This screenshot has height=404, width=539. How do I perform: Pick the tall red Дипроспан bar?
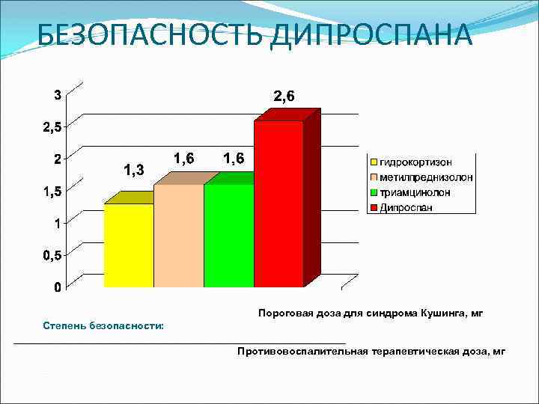[278, 203]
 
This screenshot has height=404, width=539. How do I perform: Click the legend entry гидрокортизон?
[415, 162]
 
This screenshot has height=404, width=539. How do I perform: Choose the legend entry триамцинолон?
[415, 192]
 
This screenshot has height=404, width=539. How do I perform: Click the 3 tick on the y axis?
[57, 94]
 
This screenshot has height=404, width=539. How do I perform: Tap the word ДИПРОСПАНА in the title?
[371, 34]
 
